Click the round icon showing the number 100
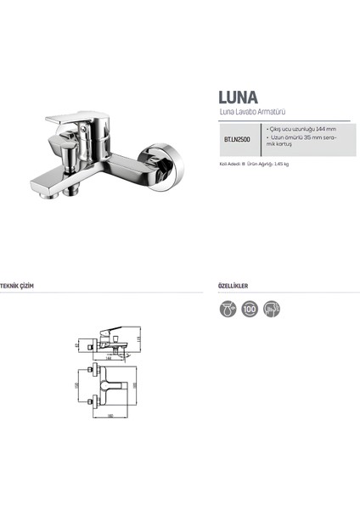249,309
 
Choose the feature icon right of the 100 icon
270,309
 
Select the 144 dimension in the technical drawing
111,358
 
